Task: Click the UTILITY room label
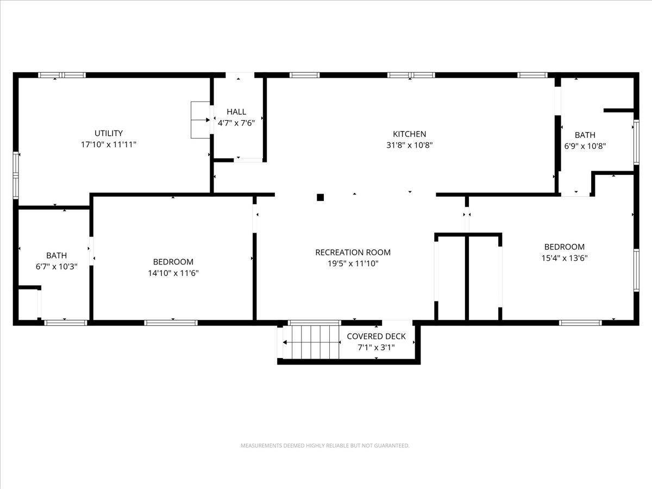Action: tap(109, 133)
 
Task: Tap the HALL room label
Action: tap(236, 112)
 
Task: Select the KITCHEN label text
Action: tap(409, 134)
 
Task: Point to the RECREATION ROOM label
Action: tap(353, 252)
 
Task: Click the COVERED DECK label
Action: tap(376, 336)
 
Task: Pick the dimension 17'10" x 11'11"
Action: tap(109, 145)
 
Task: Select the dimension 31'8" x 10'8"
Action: tap(409, 145)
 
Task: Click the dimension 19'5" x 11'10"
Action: tap(353, 264)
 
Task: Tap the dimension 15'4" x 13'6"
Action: tap(565, 258)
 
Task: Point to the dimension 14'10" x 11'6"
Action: tap(173, 273)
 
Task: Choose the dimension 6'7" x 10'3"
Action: tap(57, 267)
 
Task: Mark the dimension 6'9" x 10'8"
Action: tap(585, 146)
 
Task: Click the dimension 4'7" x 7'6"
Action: tap(236, 123)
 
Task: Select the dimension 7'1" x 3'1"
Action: tap(376, 347)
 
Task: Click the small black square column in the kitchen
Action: tap(321, 197)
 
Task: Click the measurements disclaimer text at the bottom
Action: tap(325, 446)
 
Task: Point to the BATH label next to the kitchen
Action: tap(585, 135)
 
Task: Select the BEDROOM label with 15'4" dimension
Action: tap(565, 247)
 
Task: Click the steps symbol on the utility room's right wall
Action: tap(200, 120)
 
